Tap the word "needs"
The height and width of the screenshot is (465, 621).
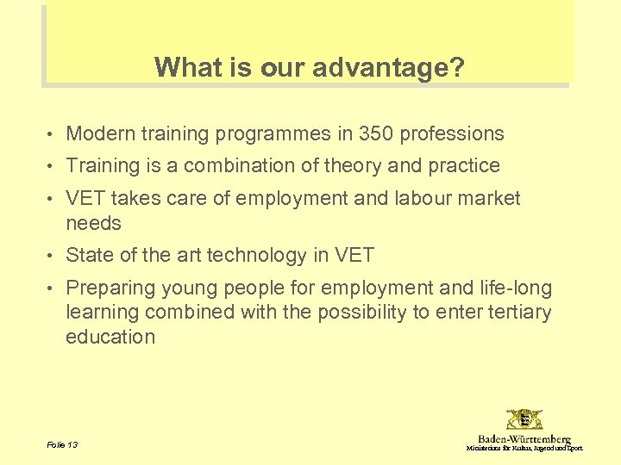coord(93,223)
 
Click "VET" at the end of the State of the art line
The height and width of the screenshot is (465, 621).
coord(355,255)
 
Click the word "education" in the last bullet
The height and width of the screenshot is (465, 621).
coord(110,337)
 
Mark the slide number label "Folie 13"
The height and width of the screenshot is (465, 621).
coord(61,445)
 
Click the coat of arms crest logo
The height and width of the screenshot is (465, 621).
coord(524,420)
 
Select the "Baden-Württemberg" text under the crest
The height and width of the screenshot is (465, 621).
coord(524,439)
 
